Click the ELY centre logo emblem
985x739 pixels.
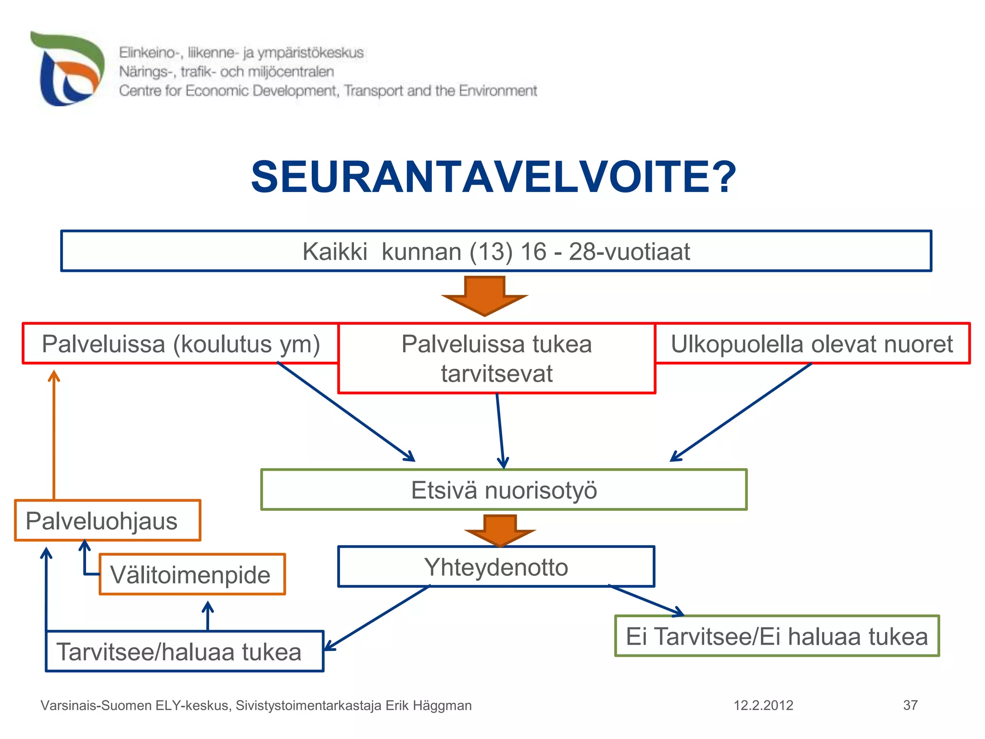[x=67, y=69]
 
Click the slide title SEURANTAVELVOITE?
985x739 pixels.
[x=493, y=177]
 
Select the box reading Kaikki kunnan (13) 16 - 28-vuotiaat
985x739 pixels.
[x=496, y=251]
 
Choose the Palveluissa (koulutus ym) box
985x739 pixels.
[x=180, y=344]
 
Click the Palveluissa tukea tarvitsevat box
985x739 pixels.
[x=496, y=358]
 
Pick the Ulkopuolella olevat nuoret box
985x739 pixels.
[x=812, y=344]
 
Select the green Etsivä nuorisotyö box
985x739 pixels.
[x=504, y=490]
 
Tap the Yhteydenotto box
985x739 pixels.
[x=496, y=567]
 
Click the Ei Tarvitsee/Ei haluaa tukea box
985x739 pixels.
[x=777, y=636]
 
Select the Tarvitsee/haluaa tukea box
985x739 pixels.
[x=184, y=651]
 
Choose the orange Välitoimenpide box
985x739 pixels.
[x=192, y=574]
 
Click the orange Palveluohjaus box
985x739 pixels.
[x=107, y=521]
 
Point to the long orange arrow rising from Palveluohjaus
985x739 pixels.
[x=54, y=433]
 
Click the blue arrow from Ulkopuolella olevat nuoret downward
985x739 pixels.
[x=741, y=412]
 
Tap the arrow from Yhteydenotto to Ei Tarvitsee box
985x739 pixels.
[x=647, y=600]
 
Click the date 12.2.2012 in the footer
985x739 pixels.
[x=763, y=705]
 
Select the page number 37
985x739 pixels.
[x=910, y=705]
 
